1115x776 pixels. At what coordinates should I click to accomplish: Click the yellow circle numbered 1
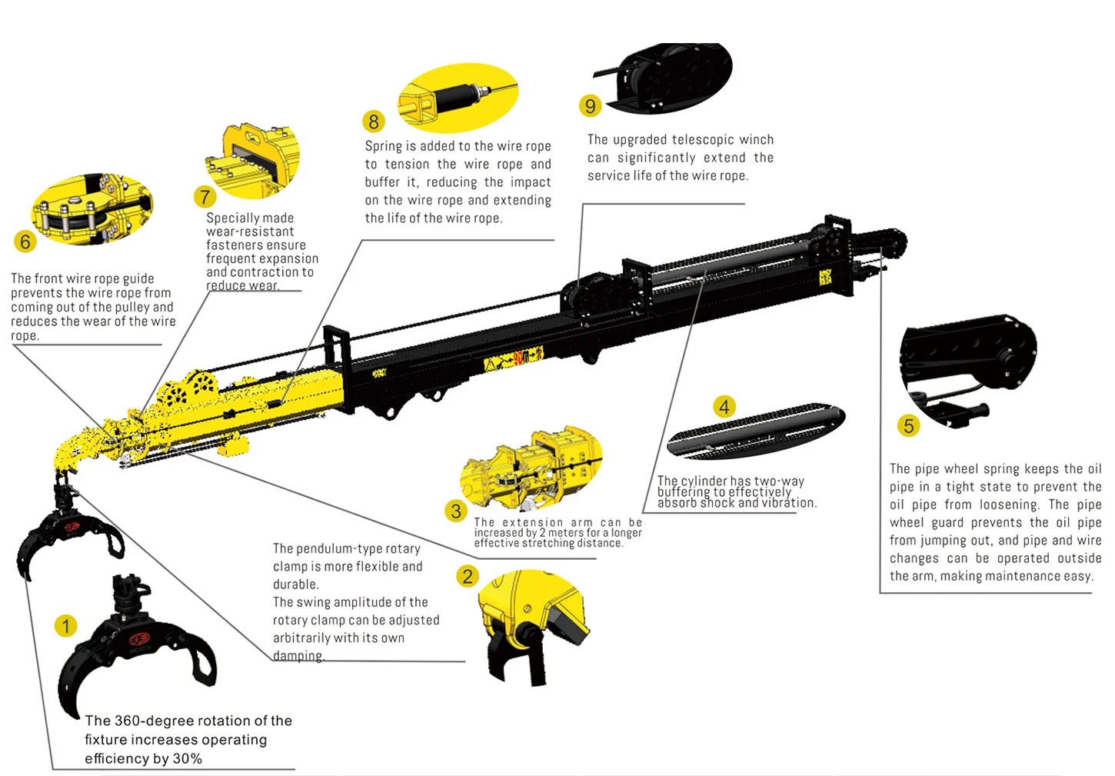coord(66,626)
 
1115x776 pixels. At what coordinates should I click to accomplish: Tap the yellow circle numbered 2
coord(468,576)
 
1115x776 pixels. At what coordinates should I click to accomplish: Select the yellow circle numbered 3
coord(456,511)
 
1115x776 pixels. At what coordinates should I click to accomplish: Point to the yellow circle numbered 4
coord(724,407)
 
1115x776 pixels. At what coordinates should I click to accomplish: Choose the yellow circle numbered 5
coord(909,425)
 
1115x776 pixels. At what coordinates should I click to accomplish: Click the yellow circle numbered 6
coord(25,241)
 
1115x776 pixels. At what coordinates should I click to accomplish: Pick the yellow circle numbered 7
coord(205,197)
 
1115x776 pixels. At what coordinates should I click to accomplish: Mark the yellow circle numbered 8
coord(374,122)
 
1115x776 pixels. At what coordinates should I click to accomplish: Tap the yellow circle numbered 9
coord(591,105)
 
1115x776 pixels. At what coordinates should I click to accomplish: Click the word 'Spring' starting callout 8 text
coord(384,146)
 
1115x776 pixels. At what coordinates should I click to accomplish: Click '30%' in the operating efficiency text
coord(187,758)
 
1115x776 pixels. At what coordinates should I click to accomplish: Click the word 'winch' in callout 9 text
coord(756,139)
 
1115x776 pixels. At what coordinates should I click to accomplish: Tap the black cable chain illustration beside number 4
coord(756,430)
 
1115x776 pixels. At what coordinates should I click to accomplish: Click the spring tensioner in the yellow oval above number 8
coord(460,95)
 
